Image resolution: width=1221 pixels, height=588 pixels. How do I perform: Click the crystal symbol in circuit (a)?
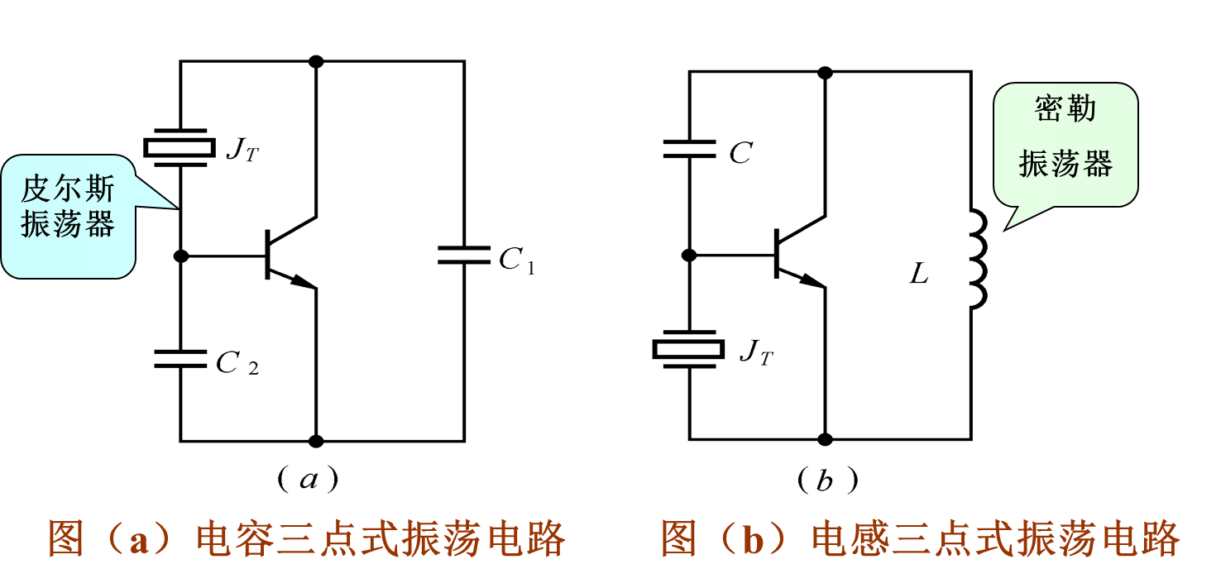pos(180,146)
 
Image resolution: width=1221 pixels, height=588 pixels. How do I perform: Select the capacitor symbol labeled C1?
pos(463,255)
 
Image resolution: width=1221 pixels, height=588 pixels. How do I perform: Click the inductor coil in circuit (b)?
pos(976,259)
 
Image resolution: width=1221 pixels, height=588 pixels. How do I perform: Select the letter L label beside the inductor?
pos(919,275)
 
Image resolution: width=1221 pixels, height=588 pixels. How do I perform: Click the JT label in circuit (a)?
pos(242,150)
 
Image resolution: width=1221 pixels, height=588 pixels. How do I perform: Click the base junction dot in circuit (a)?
pos(181,256)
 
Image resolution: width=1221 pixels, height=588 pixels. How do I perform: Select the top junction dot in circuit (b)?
pos(824,72)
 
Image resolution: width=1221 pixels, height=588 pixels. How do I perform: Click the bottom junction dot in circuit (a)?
pos(315,441)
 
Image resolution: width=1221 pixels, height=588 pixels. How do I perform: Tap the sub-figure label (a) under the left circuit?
pos(309,479)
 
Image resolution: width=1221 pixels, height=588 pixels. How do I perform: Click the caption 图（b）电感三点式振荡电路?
pos(920,539)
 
